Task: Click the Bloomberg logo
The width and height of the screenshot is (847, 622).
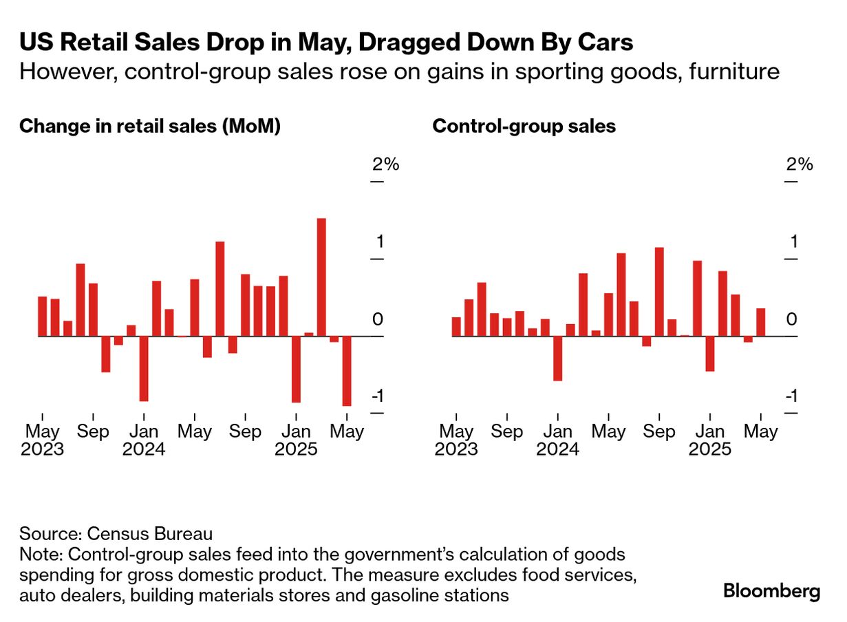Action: pos(771,591)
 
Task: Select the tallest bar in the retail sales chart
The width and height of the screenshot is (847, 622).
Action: pos(321,277)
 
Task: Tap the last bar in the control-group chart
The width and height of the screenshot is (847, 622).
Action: pos(760,322)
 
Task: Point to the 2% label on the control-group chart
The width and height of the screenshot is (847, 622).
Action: pos(800,164)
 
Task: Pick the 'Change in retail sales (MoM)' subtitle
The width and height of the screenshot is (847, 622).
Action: pos(150,127)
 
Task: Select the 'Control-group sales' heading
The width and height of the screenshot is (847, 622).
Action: pos(524,127)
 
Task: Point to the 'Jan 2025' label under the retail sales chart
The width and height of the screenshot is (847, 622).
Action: pos(296,440)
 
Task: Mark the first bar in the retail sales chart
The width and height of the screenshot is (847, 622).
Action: pos(42,317)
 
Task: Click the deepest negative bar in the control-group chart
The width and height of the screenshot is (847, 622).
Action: pos(557,358)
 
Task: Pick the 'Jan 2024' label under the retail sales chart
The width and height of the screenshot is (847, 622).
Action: pos(144,440)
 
